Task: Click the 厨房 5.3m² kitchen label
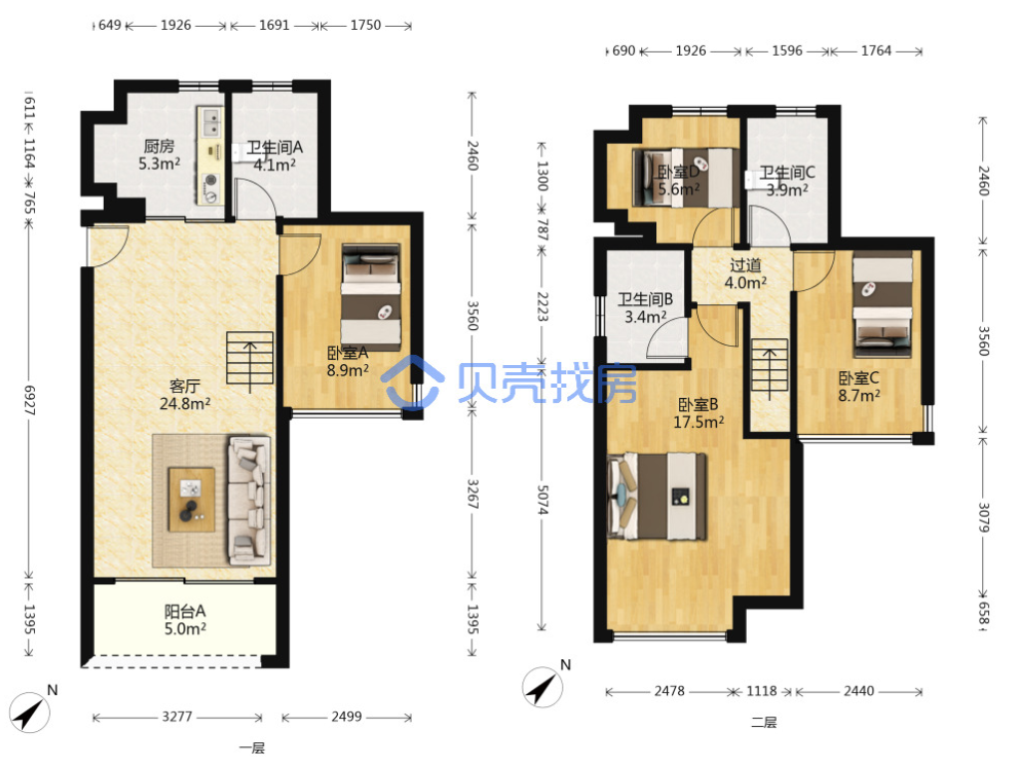[159, 155]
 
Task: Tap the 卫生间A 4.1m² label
[274, 157]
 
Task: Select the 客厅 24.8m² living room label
[184, 395]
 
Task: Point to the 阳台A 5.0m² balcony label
[184, 619]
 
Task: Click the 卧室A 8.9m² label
[347, 361]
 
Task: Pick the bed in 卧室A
[371, 297]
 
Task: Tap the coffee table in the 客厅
[191, 500]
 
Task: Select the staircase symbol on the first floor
[250, 363]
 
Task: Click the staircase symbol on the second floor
[770, 369]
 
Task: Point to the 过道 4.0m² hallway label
[746, 274]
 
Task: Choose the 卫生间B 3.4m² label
[645, 308]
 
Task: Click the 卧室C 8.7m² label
[858, 387]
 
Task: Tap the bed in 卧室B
[657, 497]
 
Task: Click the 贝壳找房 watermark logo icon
[413, 383]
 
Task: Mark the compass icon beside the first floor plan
[29, 712]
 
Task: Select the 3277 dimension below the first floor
[176, 717]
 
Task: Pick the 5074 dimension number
[542, 500]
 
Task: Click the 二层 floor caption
[764, 723]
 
